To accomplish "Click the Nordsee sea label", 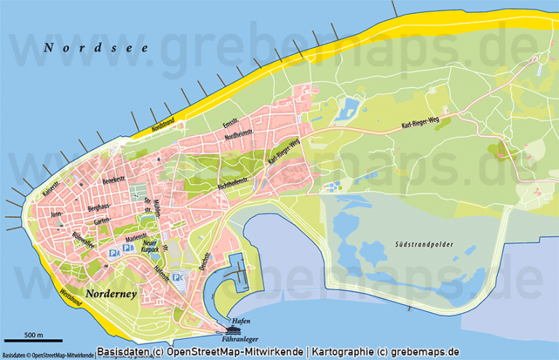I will point(95,48).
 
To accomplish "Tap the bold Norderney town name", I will point(116,293).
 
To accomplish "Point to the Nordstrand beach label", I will point(164,125).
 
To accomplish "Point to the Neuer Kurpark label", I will point(151,248).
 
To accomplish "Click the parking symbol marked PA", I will point(114,252).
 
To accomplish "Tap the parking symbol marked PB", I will point(128,248).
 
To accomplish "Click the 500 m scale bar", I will point(33,340).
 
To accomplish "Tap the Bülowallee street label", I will point(84,239).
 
